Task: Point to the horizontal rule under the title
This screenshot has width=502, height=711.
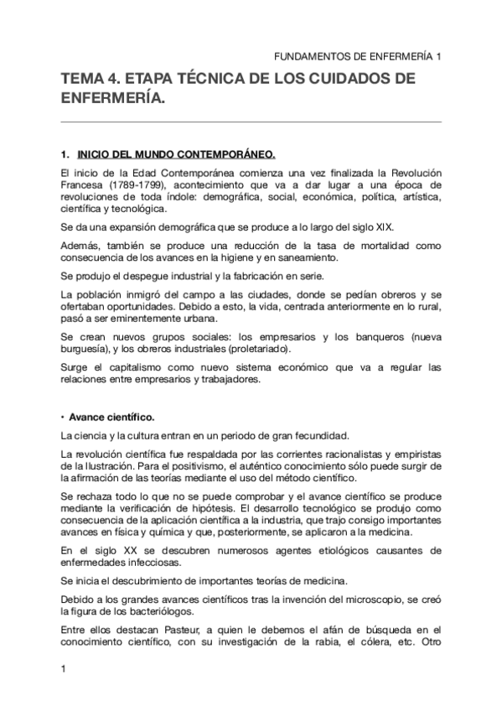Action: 251,122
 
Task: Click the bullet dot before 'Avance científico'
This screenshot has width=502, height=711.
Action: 64,416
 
